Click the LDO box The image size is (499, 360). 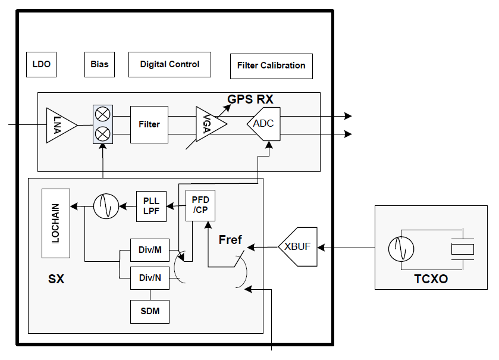tap(42, 65)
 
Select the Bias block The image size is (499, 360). tap(99, 65)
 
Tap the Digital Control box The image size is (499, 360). tap(170, 65)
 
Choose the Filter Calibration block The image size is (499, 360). tap(271, 66)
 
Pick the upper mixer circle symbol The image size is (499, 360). tap(103, 114)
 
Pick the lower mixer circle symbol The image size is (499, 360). tap(103, 134)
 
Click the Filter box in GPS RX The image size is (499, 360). tap(149, 124)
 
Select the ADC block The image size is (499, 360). tap(264, 124)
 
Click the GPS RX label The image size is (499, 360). tap(250, 99)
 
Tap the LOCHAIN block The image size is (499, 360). tap(56, 224)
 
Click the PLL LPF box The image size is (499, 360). tap(151, 206)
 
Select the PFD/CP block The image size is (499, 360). tap(200, 205)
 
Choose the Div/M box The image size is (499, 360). tap(150, 250)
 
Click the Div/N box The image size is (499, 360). tap(150, 278)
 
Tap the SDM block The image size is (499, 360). tap(150, 312)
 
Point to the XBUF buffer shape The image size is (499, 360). tap(298, 247)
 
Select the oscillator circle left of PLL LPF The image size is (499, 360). tap(106, 206)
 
